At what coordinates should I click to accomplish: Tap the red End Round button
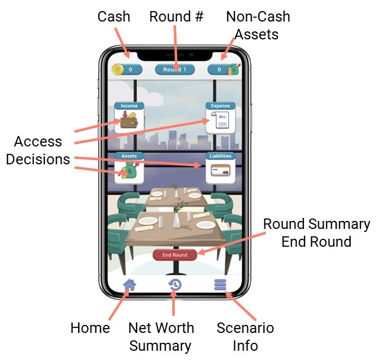tap(175, 254)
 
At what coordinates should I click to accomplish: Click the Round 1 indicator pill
tap(175, 70)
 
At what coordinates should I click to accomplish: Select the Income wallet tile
tap(129, 118)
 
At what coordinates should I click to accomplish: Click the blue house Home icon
tap(130, 284)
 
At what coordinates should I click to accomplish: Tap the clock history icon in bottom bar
tap(175, 284)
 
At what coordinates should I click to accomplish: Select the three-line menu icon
tap(220, 284)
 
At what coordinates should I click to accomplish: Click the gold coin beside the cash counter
tap(117, 70)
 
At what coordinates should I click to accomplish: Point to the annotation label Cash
tap(114, 16)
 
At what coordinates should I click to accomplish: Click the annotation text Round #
tap(176, 16)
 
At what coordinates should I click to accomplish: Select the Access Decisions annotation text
tap(38, 150)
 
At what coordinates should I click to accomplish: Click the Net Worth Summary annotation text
tap(161, 337)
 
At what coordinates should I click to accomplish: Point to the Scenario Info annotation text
tap(245, 337)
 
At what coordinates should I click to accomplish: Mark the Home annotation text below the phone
tap(90, 328)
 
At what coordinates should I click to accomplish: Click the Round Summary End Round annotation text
tap(316, 232)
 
